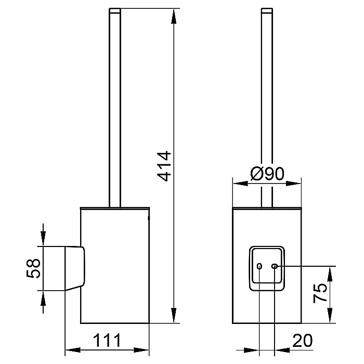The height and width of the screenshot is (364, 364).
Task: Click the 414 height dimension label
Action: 164,166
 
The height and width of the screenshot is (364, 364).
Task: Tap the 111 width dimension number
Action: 107,341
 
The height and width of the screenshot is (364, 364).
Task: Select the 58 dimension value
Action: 33,268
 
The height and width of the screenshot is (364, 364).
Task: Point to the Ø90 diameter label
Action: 267,173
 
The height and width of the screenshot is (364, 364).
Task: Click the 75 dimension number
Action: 320,293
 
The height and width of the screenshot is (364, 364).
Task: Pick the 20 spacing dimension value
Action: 303,341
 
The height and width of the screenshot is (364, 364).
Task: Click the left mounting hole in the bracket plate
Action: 259,266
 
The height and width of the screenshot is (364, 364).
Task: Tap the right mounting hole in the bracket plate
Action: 275,266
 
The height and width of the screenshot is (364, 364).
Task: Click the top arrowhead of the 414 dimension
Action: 173,16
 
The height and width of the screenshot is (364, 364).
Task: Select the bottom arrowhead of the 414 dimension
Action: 173,316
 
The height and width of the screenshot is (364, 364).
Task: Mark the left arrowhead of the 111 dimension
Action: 73,350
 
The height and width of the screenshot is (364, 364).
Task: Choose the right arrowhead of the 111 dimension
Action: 141,350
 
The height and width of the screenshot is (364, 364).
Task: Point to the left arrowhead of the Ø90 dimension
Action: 240,184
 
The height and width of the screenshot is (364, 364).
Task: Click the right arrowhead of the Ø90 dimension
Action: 293,184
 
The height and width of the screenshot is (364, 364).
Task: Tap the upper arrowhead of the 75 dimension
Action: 330,274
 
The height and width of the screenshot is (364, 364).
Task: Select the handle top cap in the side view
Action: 115,10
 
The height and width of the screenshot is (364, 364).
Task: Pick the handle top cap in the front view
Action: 267,10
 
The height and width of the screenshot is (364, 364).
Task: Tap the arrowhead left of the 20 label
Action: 252,350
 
